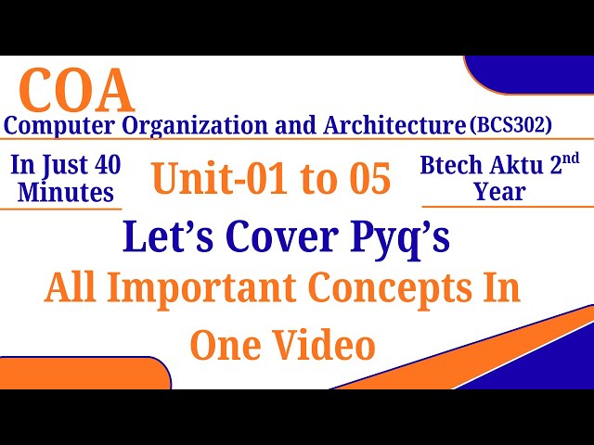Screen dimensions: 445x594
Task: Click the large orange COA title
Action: coord(76,91)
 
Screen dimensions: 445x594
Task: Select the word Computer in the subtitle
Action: coord(63,125)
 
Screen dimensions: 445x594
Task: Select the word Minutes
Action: coord(64,192)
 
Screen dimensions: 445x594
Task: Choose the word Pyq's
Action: coord(405,238)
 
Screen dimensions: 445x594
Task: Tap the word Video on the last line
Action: coord(329,345)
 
